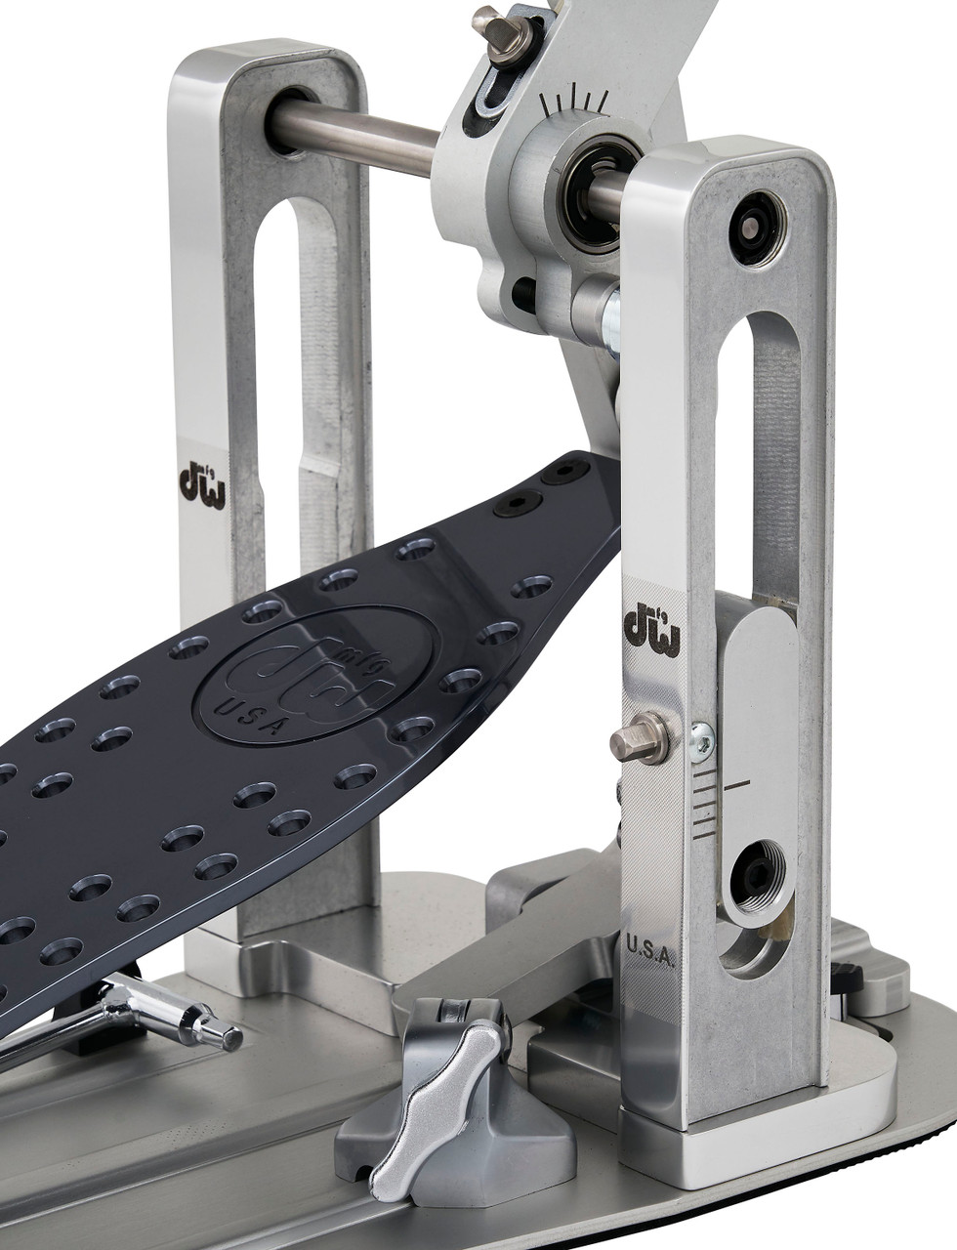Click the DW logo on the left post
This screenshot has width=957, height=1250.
(x=202, y=484)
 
